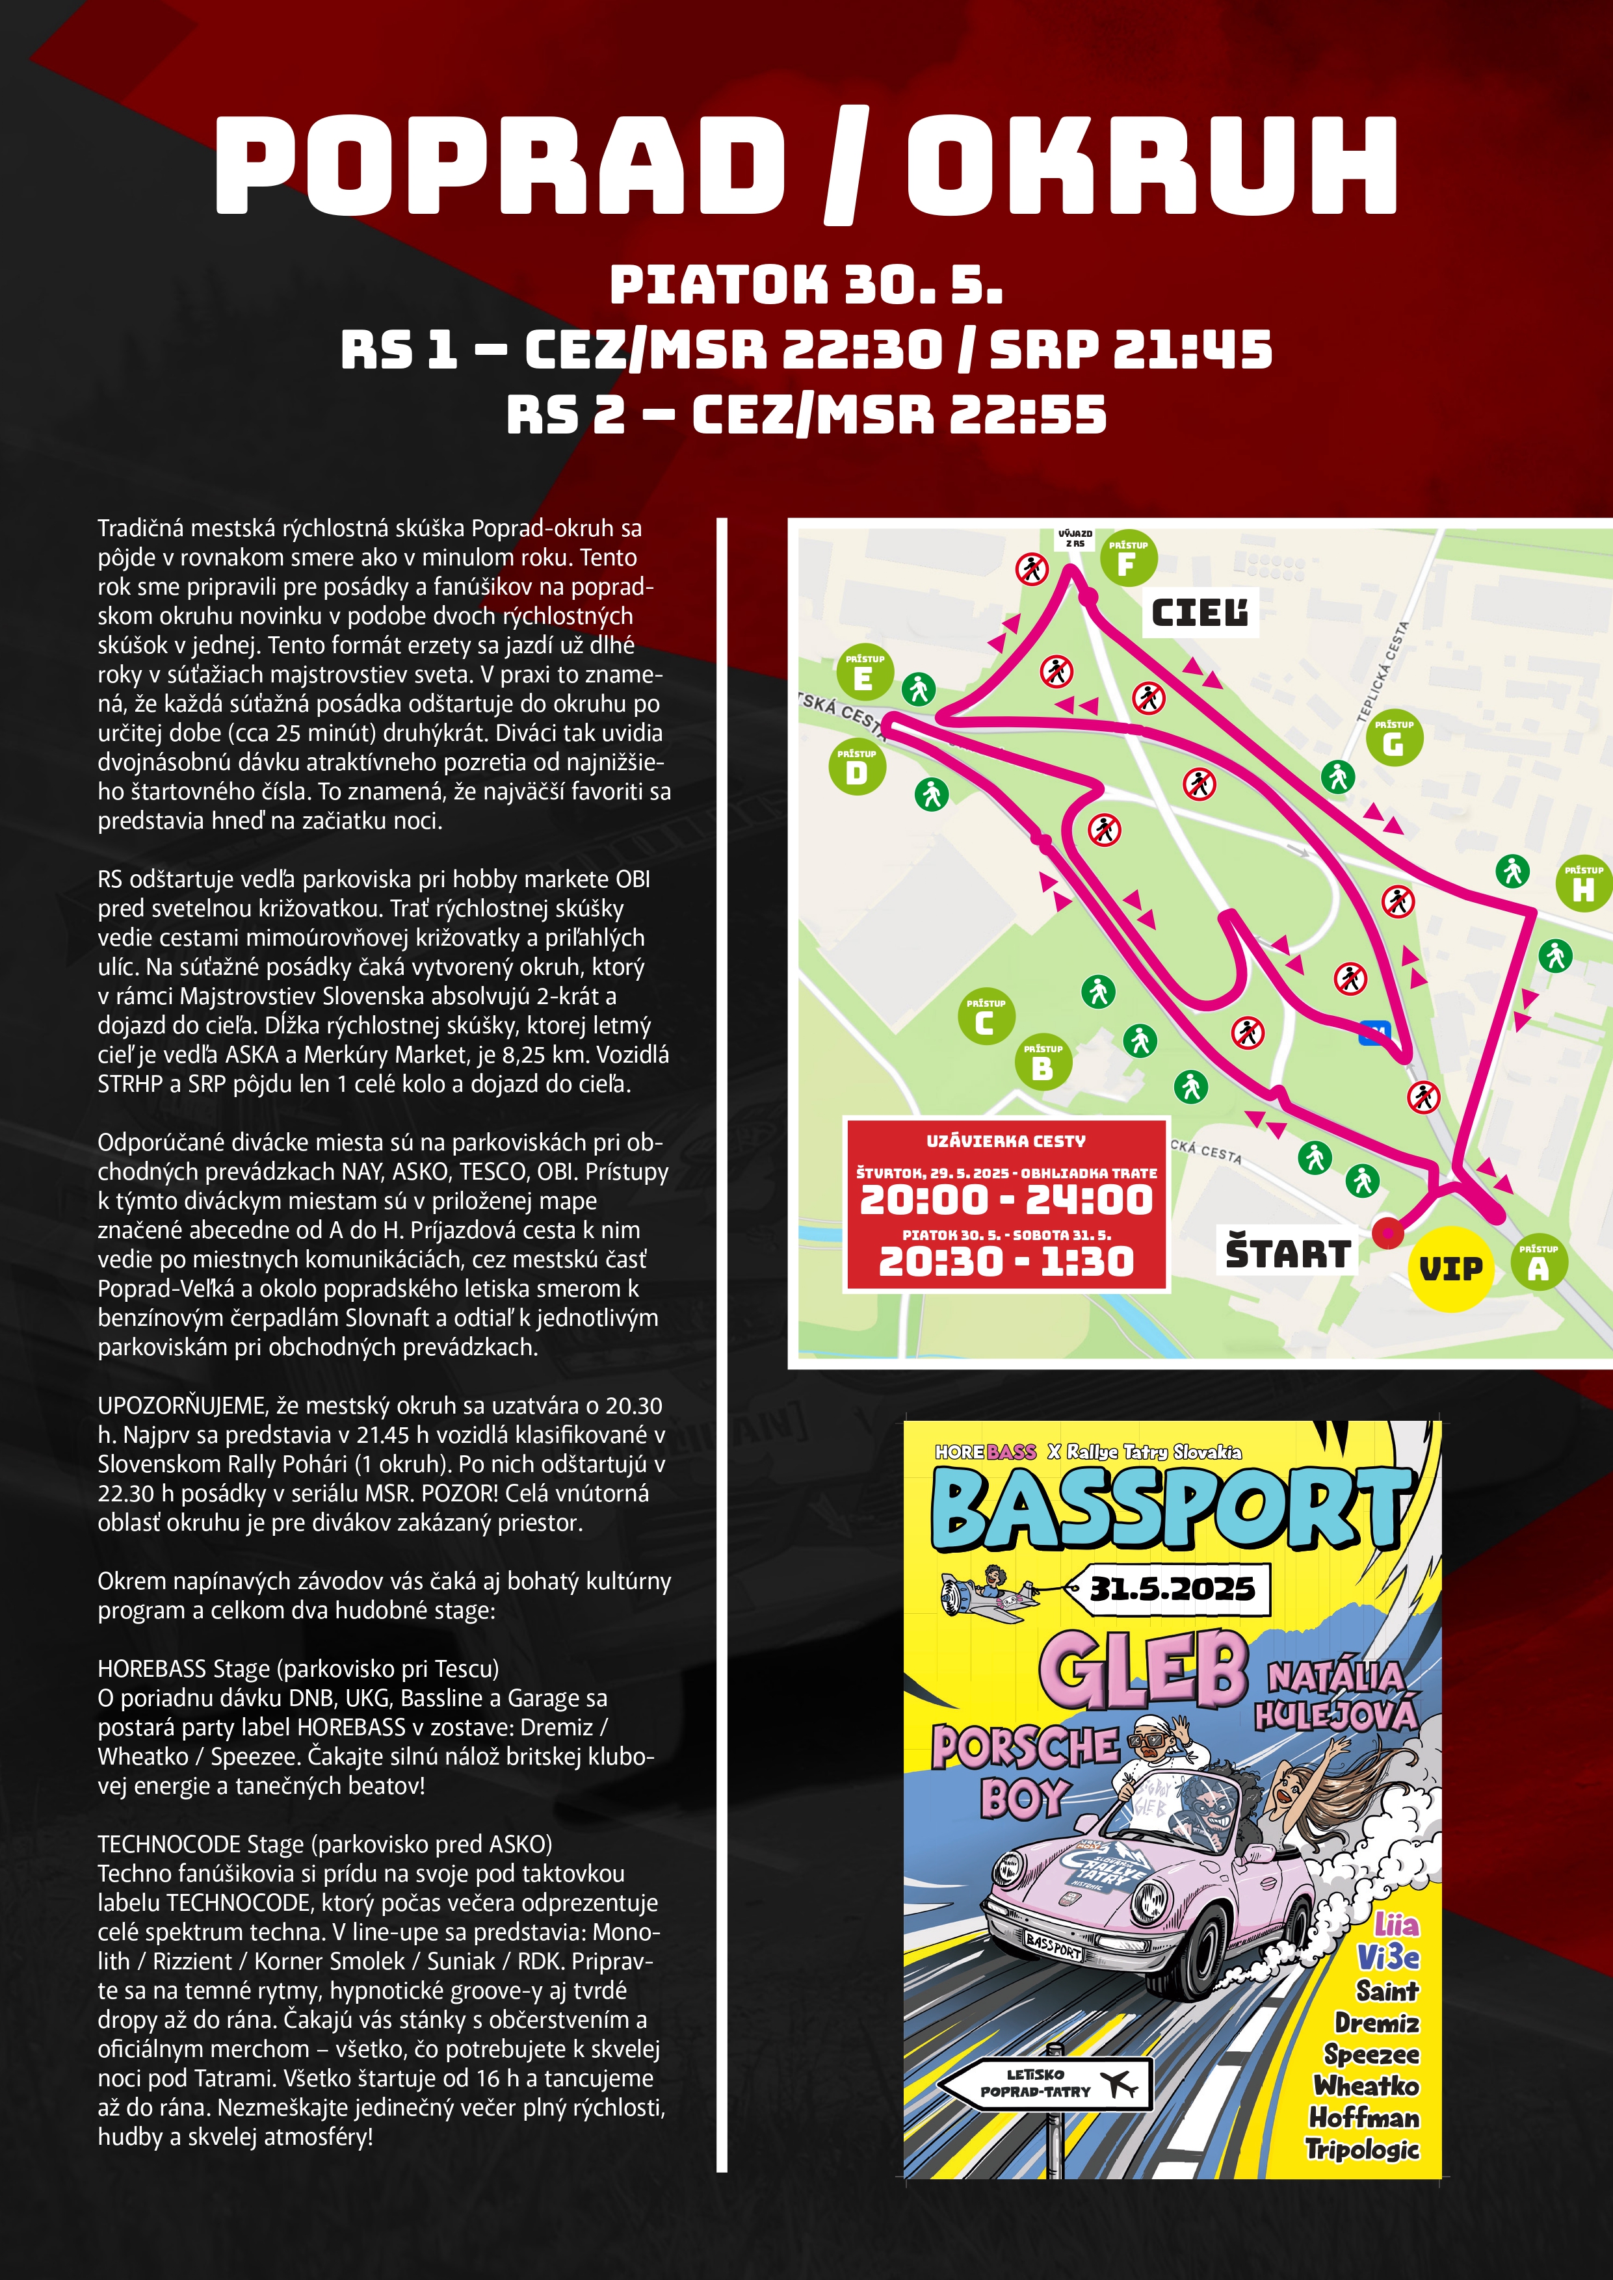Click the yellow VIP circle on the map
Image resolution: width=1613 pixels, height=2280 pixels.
pyautogui.click(x=1450, y=1268)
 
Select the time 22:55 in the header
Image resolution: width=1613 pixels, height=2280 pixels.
pyautogui.click(x=1028, y=414)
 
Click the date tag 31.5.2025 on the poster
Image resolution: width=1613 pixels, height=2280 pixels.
pyautogui.click(x=1172, y=1589)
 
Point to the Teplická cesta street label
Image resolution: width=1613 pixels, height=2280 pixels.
pyautogui.click(x=1383, y=671)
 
